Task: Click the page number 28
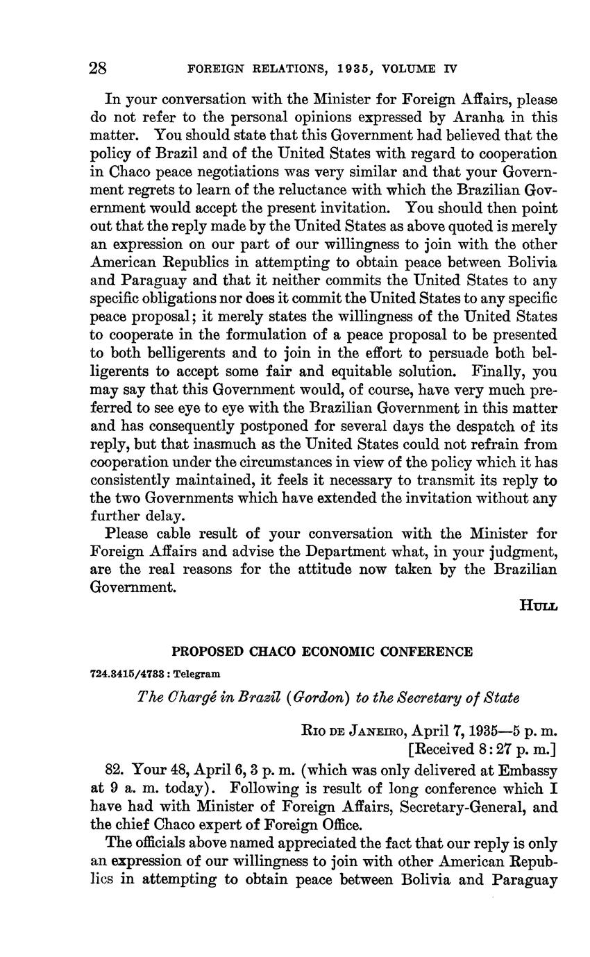point(97,68)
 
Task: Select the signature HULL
point(538,604)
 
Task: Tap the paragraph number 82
point(115,770)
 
